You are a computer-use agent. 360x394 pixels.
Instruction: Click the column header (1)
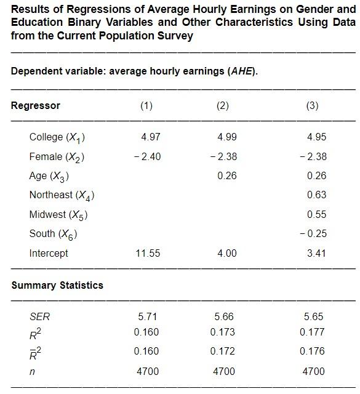tap(146, 106)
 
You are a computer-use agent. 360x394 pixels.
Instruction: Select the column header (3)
tap(312, 106)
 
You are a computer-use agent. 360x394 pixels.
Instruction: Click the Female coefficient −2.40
tap(147, 156)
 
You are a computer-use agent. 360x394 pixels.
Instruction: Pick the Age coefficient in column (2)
tap(227, 176)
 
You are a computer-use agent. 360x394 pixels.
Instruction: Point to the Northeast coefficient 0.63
tap(316, 195)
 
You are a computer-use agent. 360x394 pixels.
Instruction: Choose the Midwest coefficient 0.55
tap(316, 215)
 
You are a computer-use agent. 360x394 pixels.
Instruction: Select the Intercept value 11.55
tap(148, 253)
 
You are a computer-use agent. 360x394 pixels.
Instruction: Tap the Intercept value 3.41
tap(316, 253)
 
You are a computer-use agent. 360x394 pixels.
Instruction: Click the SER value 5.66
tap(224, 317)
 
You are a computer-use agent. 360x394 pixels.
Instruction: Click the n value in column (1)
tap(148, 371)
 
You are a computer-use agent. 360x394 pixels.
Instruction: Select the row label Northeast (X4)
tap(62, 196)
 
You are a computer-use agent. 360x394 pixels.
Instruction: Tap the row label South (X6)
tap(53, 234)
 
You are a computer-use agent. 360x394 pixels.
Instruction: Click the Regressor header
tap(36, 105)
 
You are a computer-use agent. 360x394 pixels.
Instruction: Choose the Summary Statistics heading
tap(57, 285)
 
